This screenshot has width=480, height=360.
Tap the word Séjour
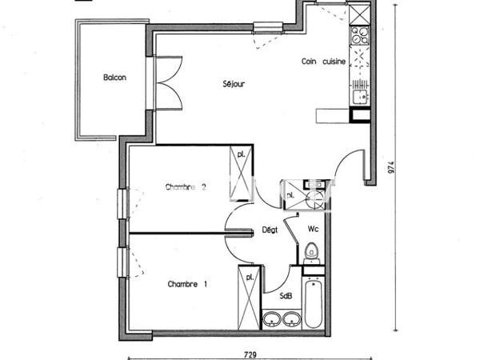coord(233,83)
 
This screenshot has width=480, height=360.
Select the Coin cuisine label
coord(323,62)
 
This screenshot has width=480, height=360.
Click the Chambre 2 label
coord(186,188)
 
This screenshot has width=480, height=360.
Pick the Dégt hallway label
coord(270,230)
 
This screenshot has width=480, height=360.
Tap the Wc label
coord(314,229)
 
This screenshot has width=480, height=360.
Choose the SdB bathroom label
coord(286,295)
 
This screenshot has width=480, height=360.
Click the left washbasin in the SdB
coord(272,321)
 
